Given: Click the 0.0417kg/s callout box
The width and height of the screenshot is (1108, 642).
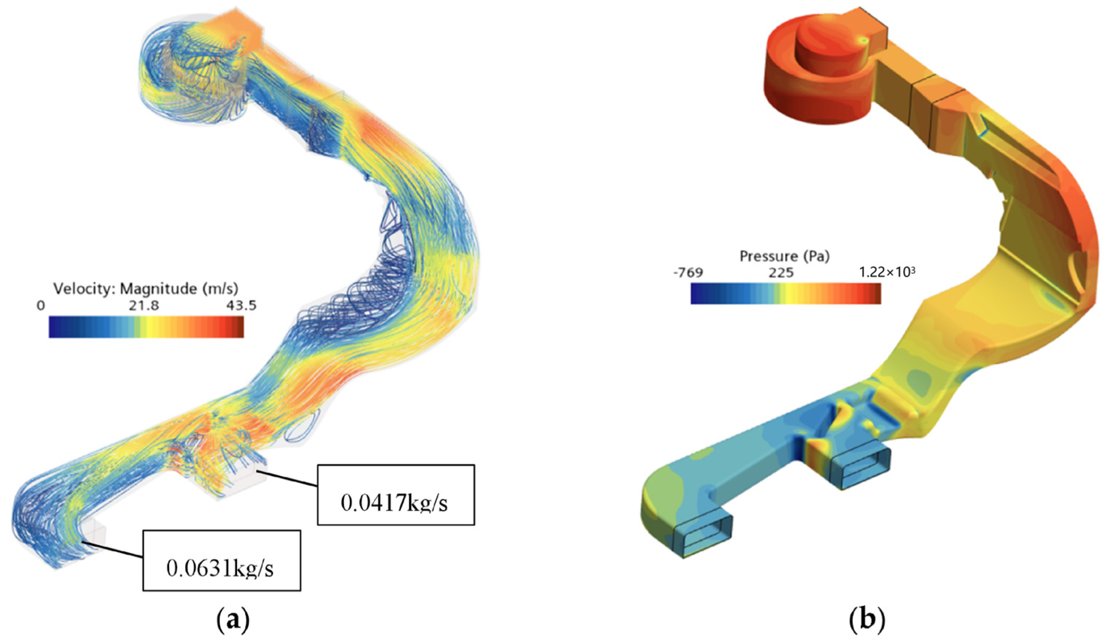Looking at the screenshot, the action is (396, 495).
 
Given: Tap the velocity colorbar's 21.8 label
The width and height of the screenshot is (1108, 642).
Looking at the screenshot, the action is (144, 306).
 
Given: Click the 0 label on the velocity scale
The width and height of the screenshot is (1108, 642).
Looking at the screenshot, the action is (41, 306).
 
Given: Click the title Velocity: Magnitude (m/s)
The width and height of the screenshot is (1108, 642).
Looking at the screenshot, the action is (146, 288).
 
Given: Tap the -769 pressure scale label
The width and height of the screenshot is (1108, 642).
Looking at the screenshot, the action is (688, 273).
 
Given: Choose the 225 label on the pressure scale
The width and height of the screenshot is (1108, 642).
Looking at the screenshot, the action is (781, 273).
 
